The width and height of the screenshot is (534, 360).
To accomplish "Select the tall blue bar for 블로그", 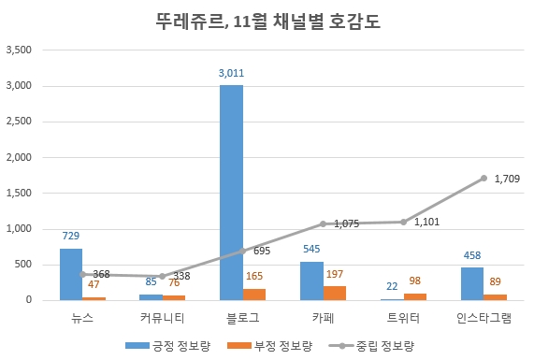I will (231, 192).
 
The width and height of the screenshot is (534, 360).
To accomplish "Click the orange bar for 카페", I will (334, 293).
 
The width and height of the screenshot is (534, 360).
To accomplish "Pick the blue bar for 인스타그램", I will (472, 283).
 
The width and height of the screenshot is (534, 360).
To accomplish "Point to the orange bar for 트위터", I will (414, 296).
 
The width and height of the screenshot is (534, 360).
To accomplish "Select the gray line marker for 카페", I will (323, 223).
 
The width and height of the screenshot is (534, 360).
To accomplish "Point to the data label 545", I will (311, 250).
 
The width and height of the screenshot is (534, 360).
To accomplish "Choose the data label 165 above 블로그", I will (253, 277).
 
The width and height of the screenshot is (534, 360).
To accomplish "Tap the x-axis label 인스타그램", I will (483, 318).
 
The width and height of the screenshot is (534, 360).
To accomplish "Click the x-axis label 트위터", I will (403, 318).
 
